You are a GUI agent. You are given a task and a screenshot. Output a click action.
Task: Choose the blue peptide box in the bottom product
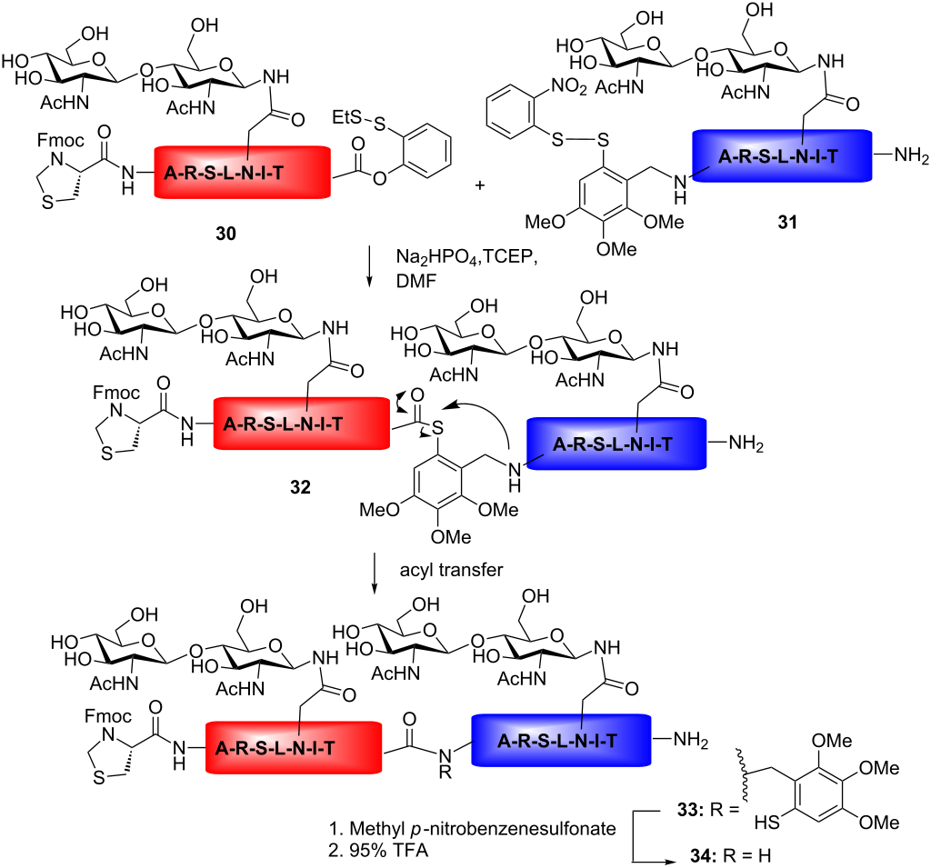pos(560,742)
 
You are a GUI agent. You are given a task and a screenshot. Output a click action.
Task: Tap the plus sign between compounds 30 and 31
pos(480,185)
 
